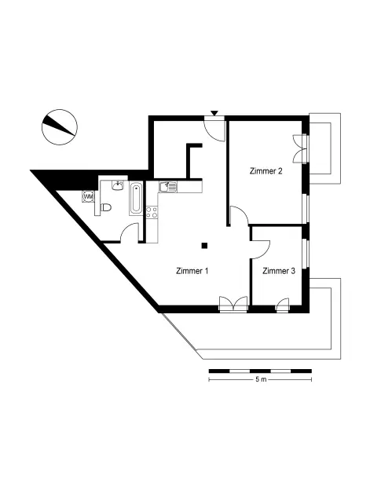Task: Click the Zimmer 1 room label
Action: (192, 271)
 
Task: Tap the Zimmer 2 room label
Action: (266, 171)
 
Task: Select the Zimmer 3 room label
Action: (279, 271)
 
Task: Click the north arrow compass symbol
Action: (60, 127)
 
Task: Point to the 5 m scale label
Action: (261, 379)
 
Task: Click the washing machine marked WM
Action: (88, 196)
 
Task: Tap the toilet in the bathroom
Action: (106, 207)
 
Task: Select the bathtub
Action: (136, 198)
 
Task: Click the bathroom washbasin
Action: (118, 185)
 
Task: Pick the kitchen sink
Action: (168, 187)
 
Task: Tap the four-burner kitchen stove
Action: (152, 212)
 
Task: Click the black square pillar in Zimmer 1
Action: (204, 245)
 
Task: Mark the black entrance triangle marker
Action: (214, 113)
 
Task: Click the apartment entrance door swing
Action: (214, 130)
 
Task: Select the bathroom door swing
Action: (130, 233)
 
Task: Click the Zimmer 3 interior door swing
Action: (261, 249)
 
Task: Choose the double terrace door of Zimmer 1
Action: (233, 304)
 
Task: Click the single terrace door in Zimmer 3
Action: (283, 305)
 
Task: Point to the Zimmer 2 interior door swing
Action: (239, 215)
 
